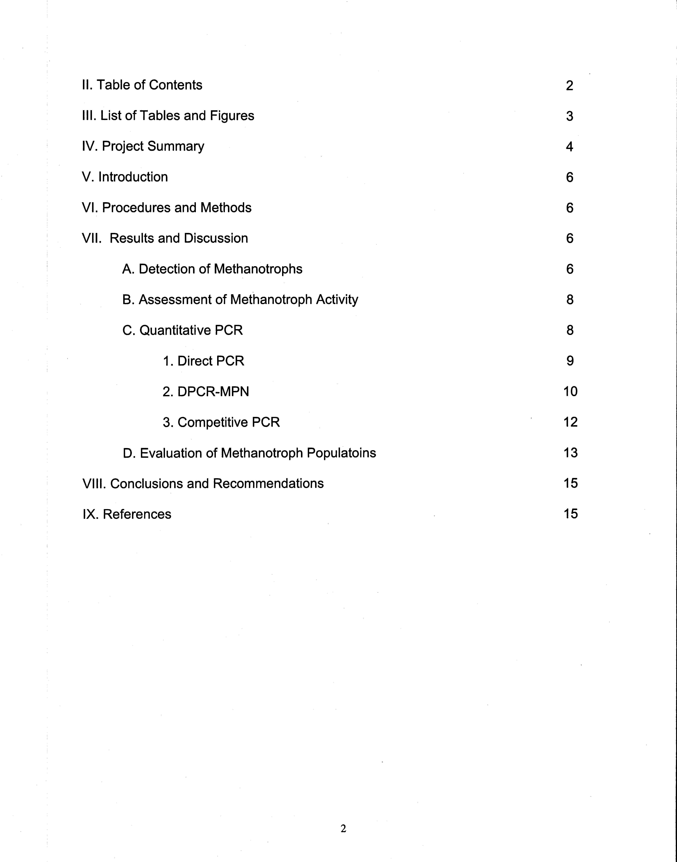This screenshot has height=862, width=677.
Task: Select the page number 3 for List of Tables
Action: (x=570, y=116)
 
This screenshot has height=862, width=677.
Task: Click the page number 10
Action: (x=570, y=392)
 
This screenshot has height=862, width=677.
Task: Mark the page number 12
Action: (x=570, y=422)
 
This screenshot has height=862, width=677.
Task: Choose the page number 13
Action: (x=570, y=453)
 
